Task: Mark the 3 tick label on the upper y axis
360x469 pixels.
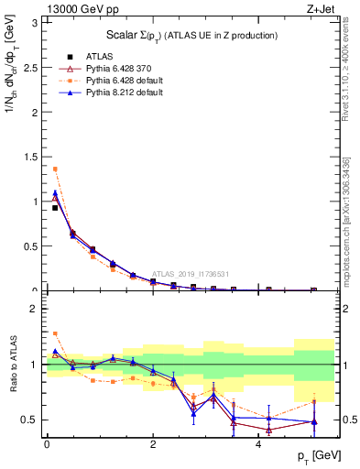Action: [x=35, y=22]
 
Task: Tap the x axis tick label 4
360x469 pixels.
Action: [x=259, y=443]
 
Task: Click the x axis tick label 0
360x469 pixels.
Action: [x=47, y=443]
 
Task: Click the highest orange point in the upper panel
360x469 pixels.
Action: [x=55, y=169]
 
